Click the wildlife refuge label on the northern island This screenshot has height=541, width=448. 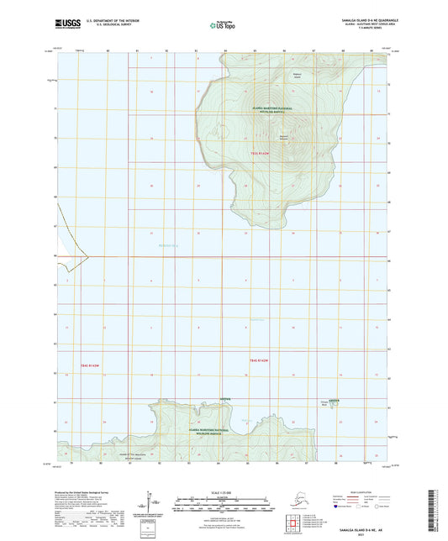point(271,110)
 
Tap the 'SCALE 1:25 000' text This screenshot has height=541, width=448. point(224,491)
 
